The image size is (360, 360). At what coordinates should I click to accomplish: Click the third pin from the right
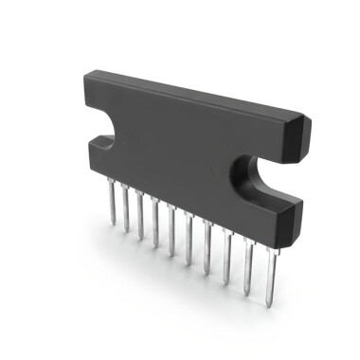tap(226, 250)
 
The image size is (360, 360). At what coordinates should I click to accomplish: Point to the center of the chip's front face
tap(185, 152)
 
